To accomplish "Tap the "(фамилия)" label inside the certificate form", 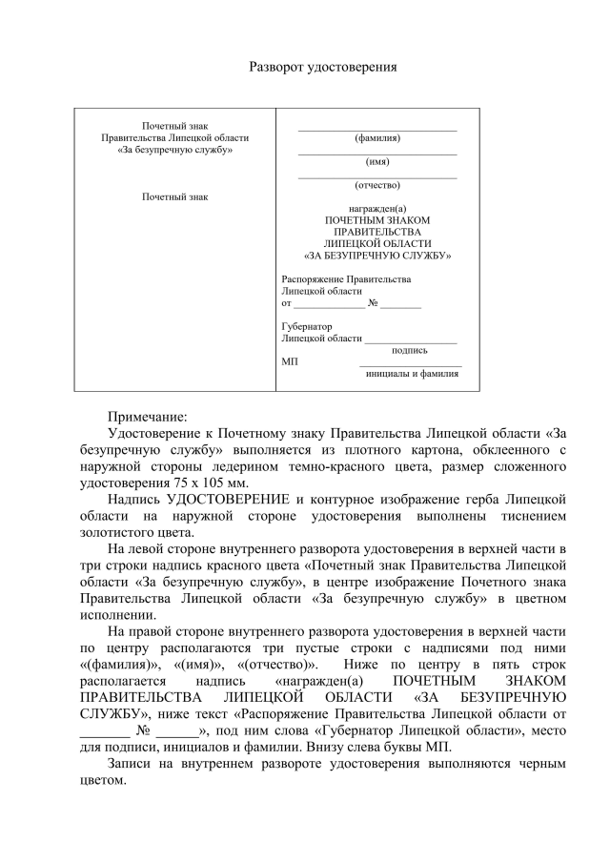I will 377,138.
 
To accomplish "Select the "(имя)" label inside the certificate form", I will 377,161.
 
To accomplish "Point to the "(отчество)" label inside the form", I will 377,185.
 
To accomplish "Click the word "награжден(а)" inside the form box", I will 377,209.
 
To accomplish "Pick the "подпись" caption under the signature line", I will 410,350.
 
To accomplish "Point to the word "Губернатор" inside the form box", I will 306,326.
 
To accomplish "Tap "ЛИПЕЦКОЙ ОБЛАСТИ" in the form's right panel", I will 377,244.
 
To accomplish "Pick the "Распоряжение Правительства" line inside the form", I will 346,279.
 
